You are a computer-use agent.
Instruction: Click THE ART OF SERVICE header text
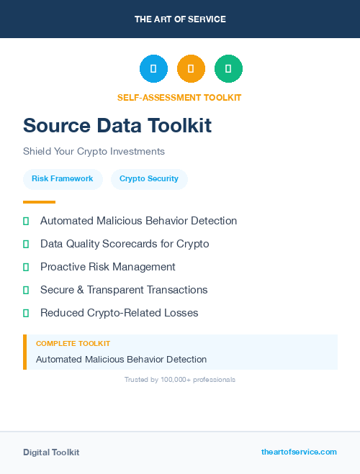point(180,19)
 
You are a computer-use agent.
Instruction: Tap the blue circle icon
point(153,69)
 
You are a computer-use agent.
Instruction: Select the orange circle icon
point(191,69)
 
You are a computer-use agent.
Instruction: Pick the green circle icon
point(228,69)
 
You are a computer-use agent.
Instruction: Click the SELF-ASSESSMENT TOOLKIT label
point(179,97)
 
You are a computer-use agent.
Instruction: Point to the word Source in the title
point(55,126)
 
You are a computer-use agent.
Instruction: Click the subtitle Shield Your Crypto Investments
point(94,152)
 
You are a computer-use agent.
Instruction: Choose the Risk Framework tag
point(62,178)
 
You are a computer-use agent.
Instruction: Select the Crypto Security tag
point(149,178)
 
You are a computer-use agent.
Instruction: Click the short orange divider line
point(39,202)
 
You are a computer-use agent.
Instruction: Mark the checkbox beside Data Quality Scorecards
point(26,245)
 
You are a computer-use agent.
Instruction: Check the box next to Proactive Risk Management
point(26,268)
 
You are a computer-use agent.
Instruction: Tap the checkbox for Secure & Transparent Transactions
point(26,291)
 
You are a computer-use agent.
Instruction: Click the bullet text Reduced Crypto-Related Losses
point(119,313)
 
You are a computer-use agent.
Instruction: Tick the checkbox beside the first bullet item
point(26,222)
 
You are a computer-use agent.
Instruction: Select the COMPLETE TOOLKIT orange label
point(73,344)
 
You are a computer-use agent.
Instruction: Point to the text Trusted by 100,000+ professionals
point(179,379)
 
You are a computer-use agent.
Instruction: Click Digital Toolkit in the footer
point(51,452)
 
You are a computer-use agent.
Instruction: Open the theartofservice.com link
point(299,452)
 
